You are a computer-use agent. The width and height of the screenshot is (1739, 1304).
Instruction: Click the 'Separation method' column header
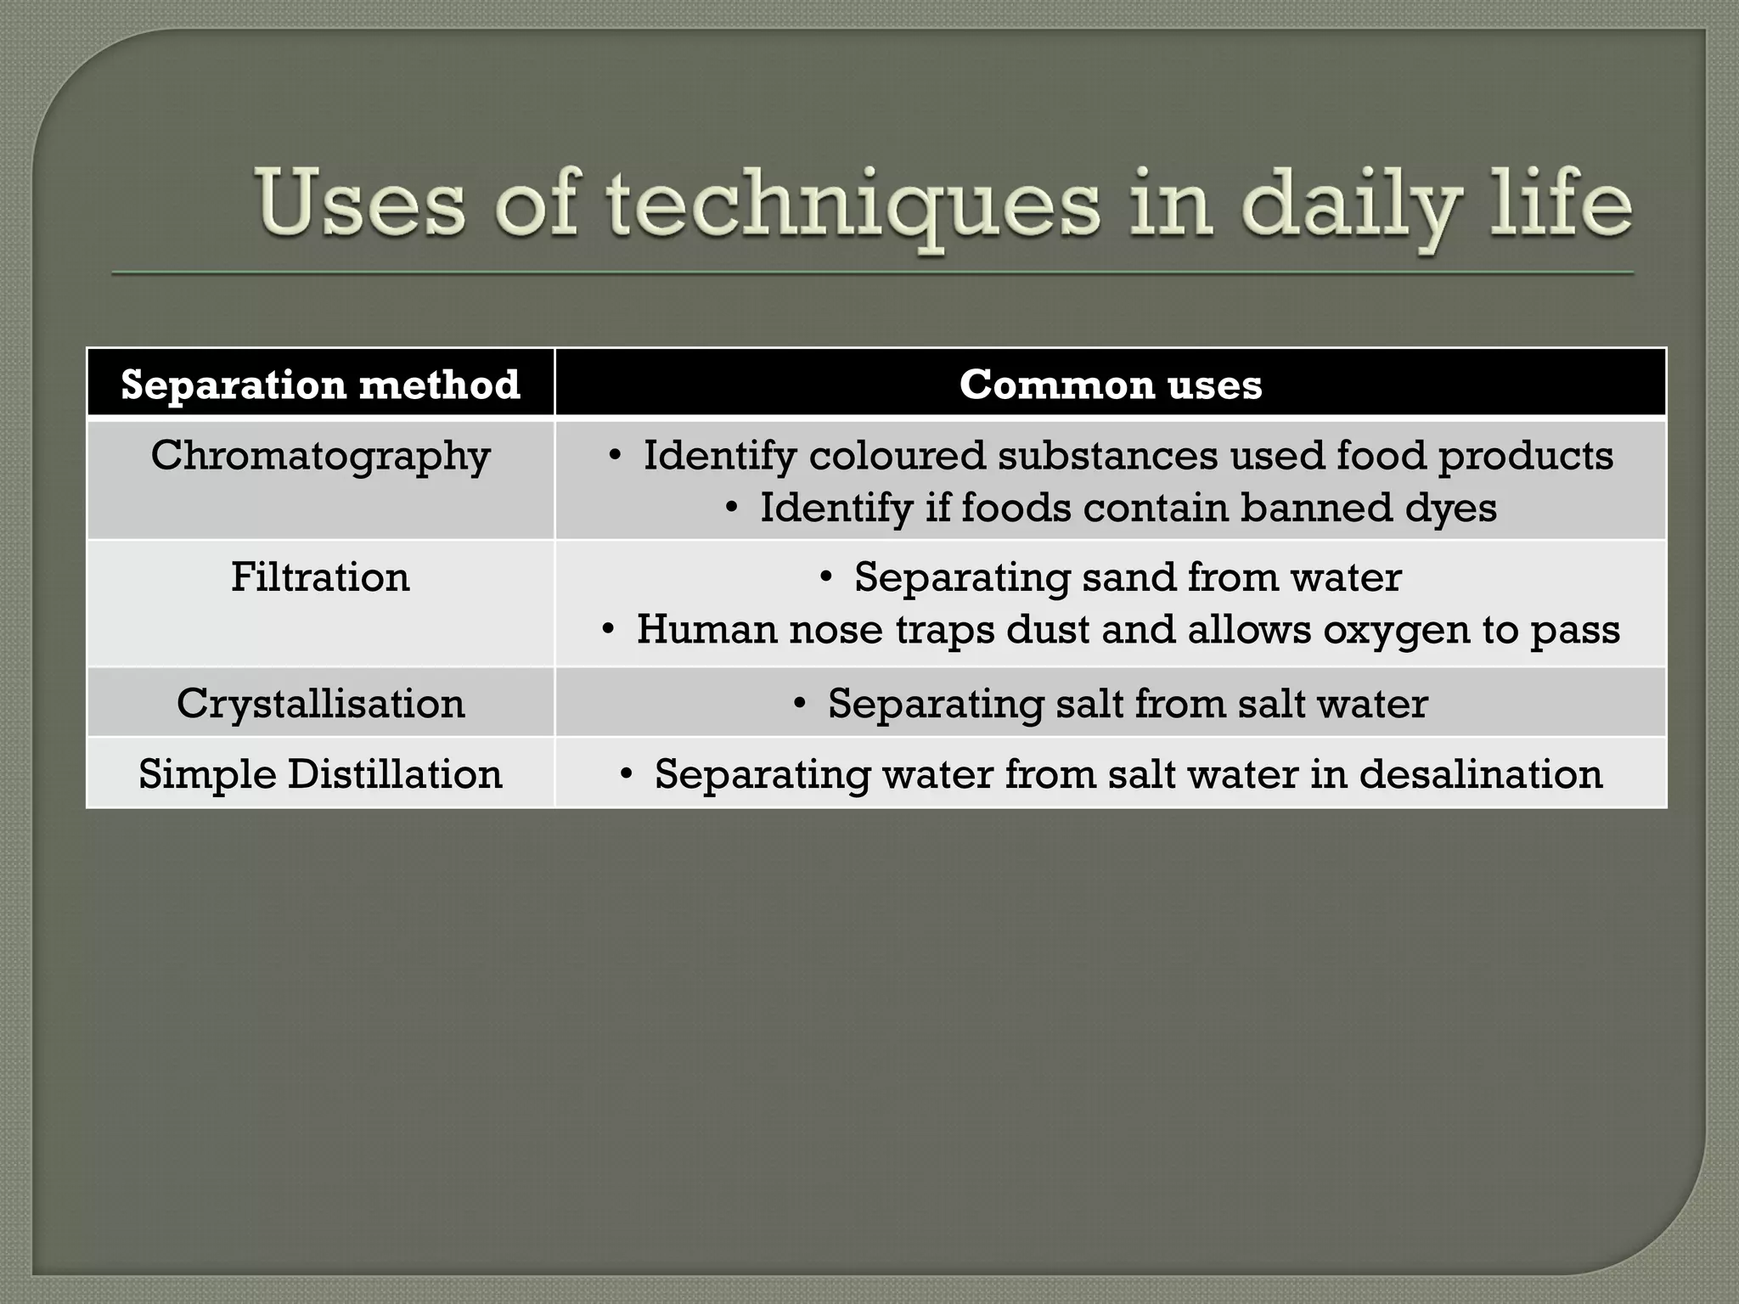pos(320,385)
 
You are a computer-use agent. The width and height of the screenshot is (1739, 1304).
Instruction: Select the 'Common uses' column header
pos(1111,385)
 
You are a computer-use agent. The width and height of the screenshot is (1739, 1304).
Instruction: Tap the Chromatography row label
pos(320,457)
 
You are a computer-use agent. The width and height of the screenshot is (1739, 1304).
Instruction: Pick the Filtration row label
pos(320,577)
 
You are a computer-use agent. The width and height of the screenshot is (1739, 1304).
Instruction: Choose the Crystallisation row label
pos(320,703)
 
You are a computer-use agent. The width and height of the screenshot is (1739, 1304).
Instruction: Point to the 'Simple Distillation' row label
pos(320,773)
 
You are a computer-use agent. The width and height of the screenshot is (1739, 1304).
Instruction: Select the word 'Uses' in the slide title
pos(361,204)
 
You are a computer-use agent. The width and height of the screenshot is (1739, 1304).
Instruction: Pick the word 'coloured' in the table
pos(898,456)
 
